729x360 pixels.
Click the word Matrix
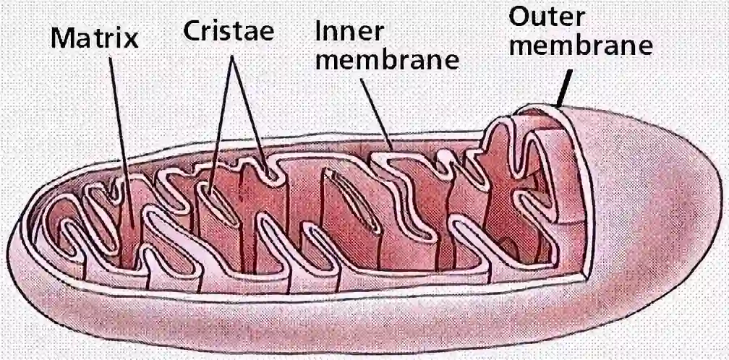pos(94,37)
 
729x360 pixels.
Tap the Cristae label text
pos(229,31)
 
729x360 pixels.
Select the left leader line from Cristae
pos(220,123)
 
